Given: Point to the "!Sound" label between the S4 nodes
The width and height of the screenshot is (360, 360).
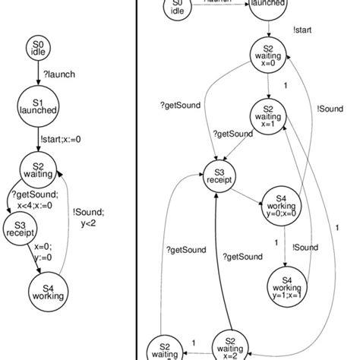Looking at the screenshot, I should point(305,247).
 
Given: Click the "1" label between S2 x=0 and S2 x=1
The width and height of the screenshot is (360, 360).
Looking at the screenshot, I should point(284,87).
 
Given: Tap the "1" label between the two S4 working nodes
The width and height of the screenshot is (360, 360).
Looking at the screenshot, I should point(277,243).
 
